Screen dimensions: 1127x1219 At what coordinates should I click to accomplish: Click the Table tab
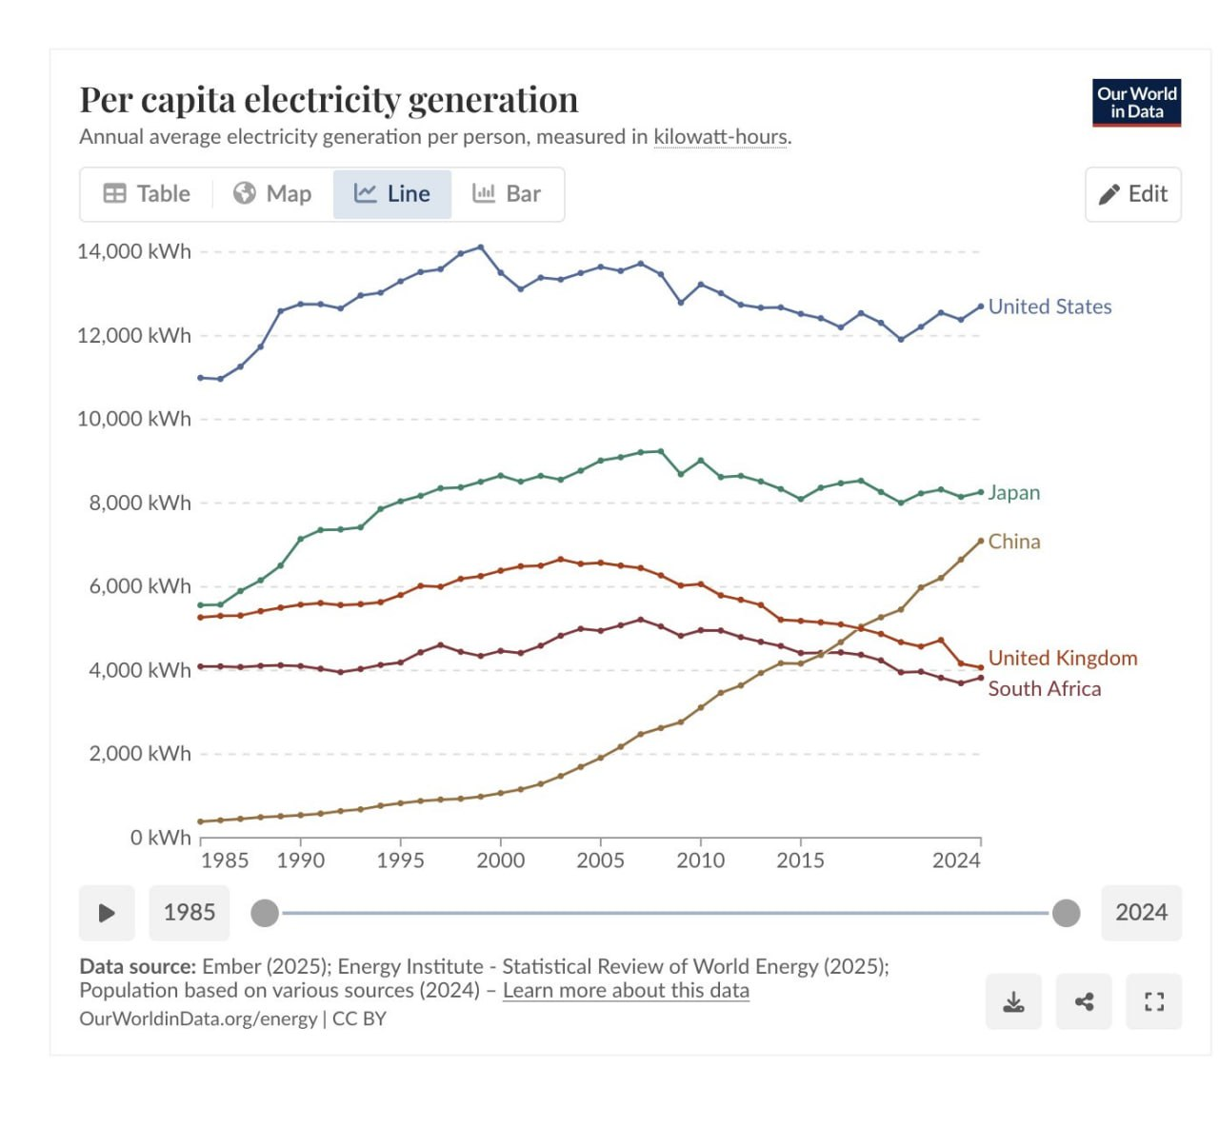[147, 194]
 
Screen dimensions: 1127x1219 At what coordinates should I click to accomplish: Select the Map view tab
[272, 194]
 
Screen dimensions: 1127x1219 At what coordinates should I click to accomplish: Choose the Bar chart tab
[507, 194]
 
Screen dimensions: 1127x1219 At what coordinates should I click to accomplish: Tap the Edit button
[1132, 194]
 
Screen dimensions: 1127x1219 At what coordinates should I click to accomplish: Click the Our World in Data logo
[1136, 103]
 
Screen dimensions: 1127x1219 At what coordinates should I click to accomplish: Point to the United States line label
[1049, 306]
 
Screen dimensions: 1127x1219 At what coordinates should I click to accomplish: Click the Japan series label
[1013, 493]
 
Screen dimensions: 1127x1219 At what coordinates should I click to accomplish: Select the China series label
[1013, 542]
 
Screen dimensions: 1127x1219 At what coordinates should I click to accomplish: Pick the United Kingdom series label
[1062, 658]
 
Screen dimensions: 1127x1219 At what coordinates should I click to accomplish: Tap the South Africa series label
[1044, 689]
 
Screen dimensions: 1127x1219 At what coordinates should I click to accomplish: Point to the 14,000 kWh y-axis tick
[134, 251]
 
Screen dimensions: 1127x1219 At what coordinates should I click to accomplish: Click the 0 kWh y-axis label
[160, 838]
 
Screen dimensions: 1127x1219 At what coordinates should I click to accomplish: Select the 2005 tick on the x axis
[600, 860]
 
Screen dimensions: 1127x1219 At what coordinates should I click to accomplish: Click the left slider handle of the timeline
[265, 914]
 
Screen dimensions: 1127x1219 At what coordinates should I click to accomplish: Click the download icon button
[1013, 1001]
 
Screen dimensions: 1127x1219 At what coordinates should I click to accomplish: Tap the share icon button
[1084, 1001]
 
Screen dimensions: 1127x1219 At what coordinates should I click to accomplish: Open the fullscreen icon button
[1153, 1001]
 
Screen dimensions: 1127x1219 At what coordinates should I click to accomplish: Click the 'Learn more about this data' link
[626, 991]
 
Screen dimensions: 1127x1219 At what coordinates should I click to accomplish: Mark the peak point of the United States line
[480, 247]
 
